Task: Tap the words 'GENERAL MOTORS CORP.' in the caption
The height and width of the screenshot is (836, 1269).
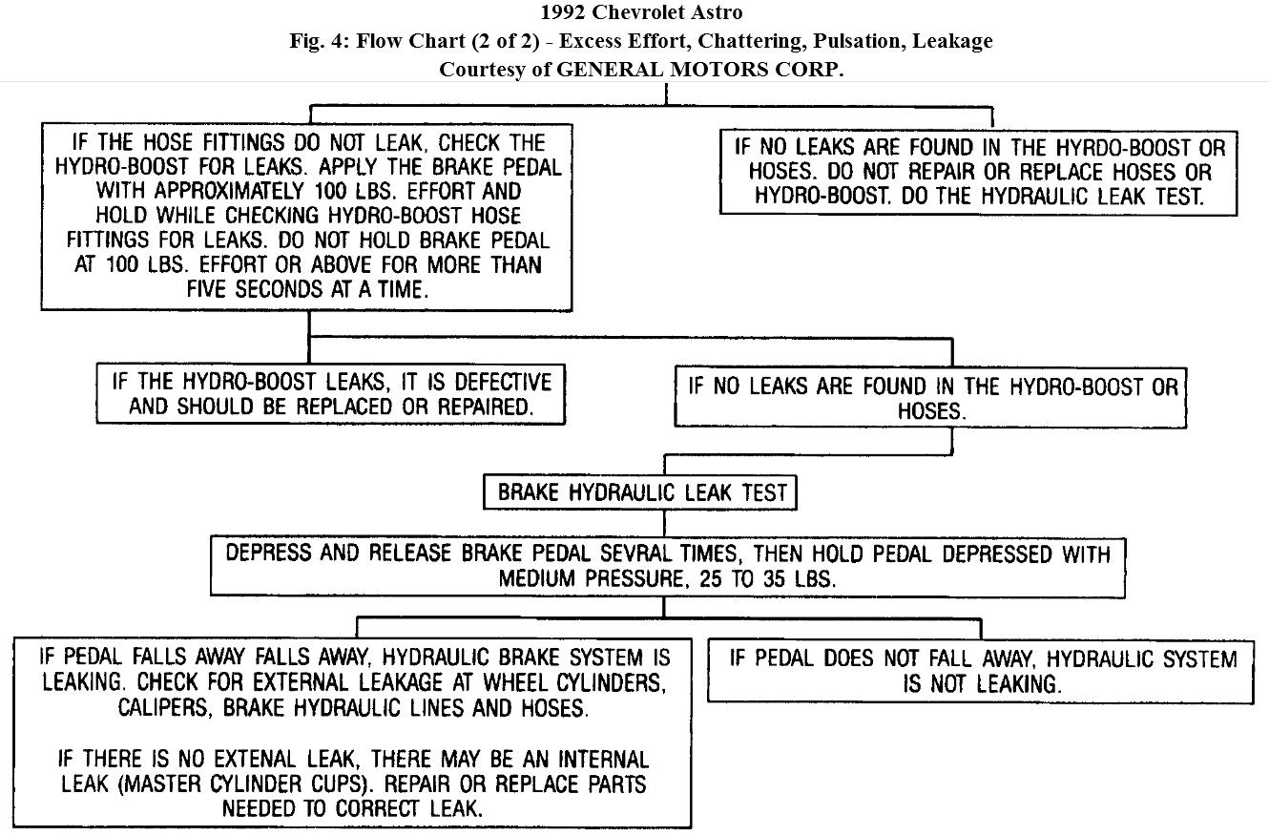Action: click(x=700, y=70)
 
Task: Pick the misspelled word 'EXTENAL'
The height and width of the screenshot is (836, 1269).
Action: click(x=239, y=761)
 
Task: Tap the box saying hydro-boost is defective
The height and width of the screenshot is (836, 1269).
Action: click(x=331, y=393)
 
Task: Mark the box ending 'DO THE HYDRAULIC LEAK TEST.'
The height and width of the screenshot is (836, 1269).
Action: click(x=980, y=173)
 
